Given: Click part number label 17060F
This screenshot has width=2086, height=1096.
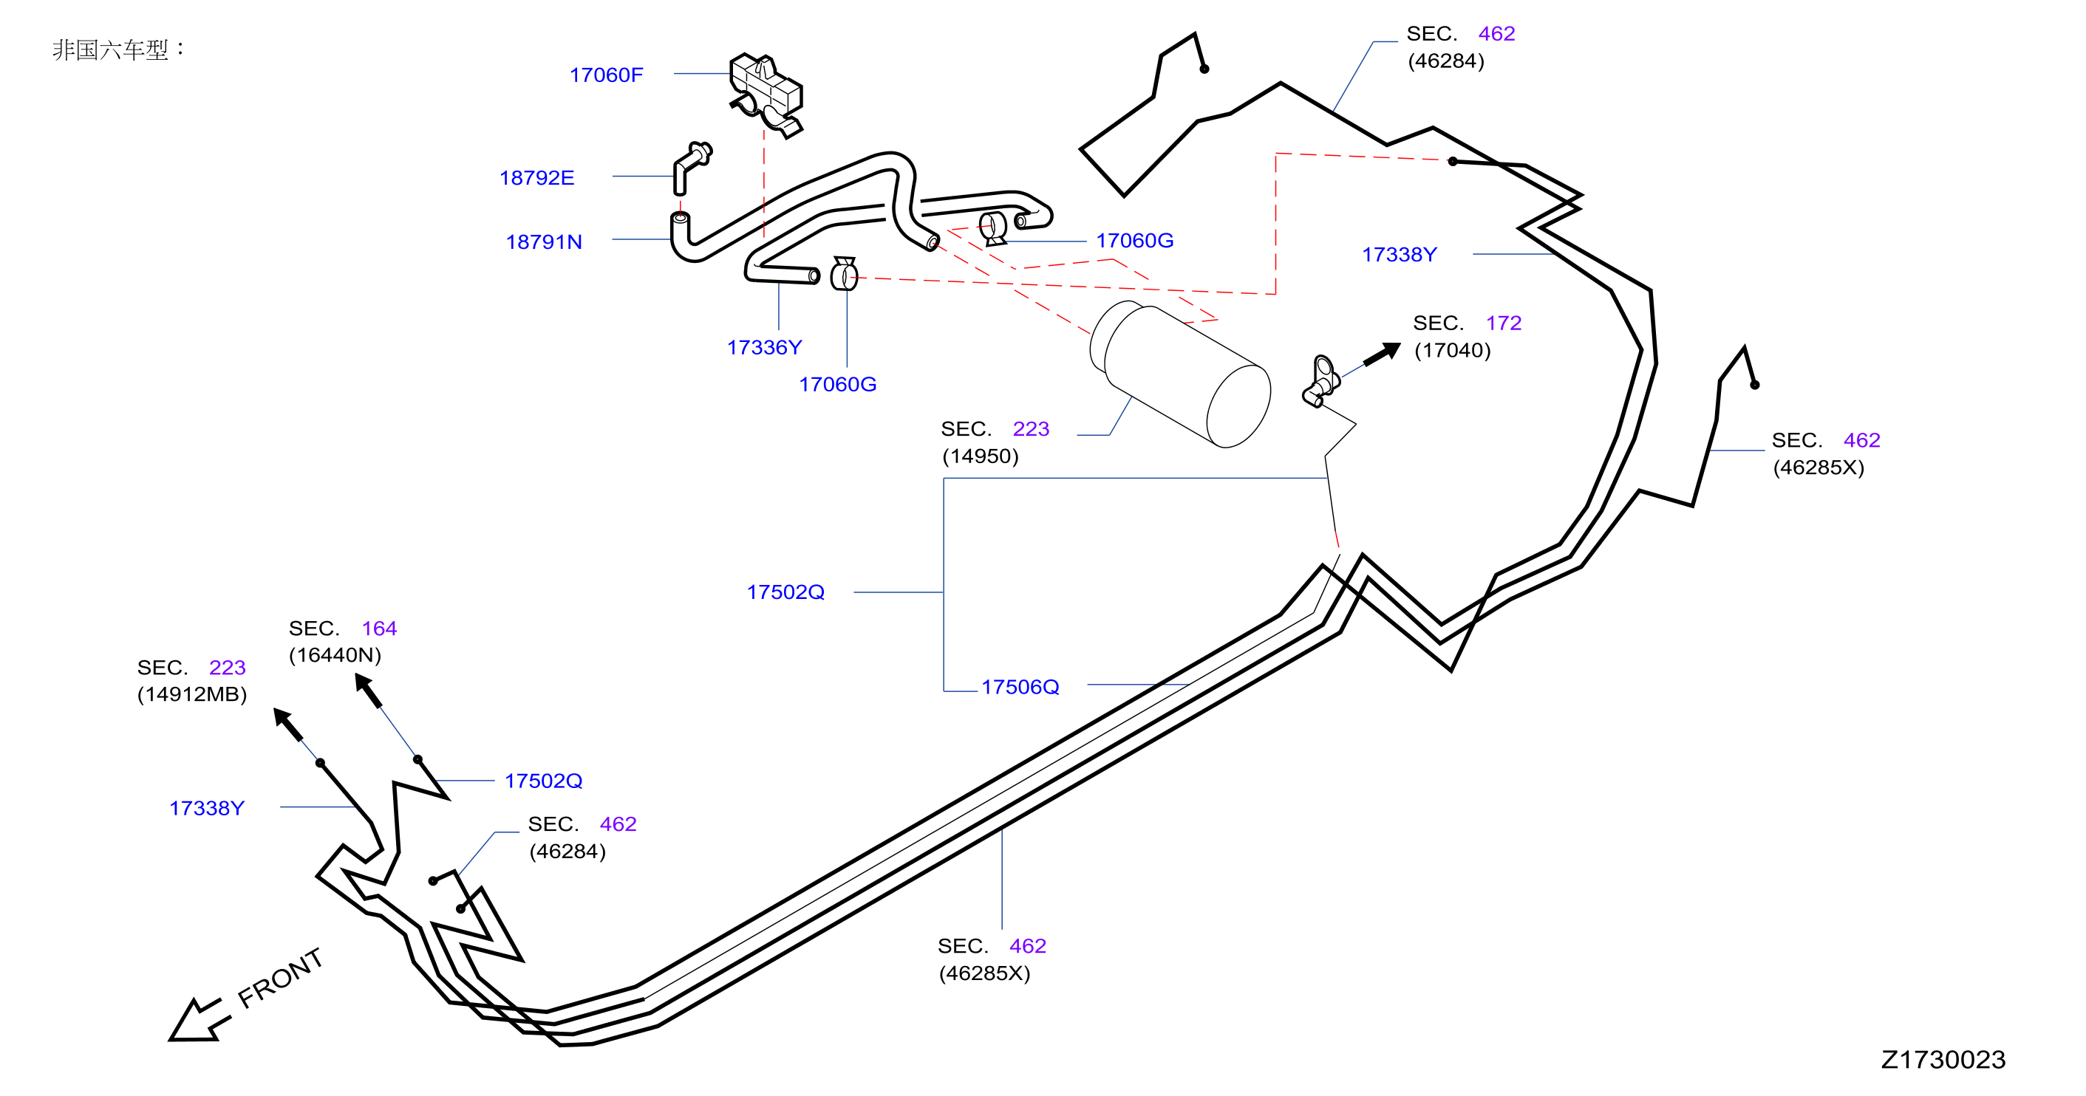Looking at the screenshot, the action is [x=606, y=75].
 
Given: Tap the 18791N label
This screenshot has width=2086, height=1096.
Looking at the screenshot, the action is [x=543, y=242].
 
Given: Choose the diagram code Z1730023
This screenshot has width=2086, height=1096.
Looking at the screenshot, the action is [x=1943, y=1060].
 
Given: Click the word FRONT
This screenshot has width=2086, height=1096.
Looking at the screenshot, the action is [x=280, y=978].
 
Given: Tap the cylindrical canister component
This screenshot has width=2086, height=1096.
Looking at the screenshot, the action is [x=1180, y=374].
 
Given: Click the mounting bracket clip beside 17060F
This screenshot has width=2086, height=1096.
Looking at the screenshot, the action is [x=766, y=95].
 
